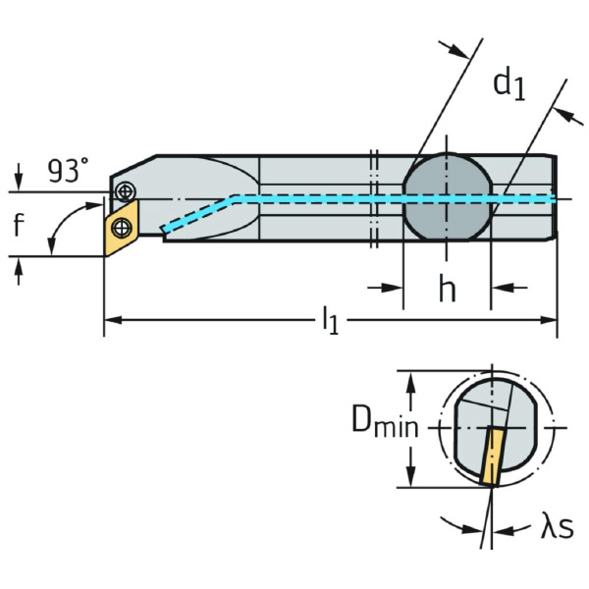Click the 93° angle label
(68, 171)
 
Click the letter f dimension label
(18, 226)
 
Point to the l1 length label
(330, 320)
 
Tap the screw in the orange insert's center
(121, 228)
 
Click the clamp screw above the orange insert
(124, 190)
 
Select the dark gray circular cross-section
(447, 196)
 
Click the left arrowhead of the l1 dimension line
(111, 320)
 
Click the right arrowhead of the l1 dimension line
(552, 320)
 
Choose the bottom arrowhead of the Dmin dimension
(409, 480)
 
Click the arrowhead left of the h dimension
(396, 288)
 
